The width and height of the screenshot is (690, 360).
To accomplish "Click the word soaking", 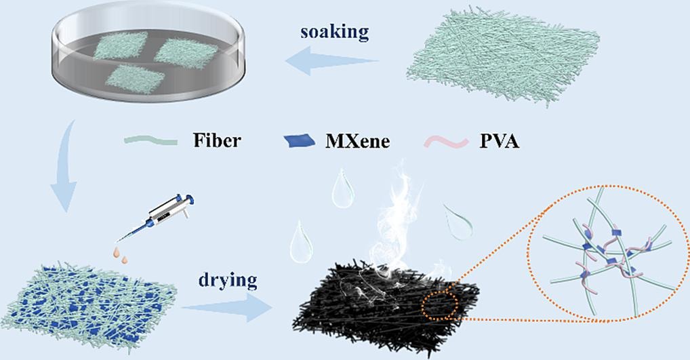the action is [x=334, y=33].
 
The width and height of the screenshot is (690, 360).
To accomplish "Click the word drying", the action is [x=228, y=281].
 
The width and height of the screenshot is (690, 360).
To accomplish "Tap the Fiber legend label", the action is [x=217, y=141].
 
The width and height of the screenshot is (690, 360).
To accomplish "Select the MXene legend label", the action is [x=357, y=141].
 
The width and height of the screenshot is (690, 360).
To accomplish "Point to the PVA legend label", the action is [x=499, y=141].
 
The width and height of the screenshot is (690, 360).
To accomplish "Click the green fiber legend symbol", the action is [x=151, y=140].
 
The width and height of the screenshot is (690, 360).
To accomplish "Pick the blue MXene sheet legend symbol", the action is [x=299, y=141].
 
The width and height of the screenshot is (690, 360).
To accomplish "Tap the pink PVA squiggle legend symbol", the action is [x=447, y=142].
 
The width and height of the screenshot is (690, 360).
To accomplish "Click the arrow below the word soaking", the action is [x=332, y=61].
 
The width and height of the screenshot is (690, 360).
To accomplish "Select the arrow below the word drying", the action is [x=228, y=307].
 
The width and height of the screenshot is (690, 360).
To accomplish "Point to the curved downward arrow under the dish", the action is [x=64, y=167].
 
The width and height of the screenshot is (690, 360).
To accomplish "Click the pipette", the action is [x=156, y=218].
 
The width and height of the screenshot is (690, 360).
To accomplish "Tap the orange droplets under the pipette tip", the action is [x=121, y=256].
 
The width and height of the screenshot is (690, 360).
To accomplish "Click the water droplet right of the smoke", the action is [x=459, y=222].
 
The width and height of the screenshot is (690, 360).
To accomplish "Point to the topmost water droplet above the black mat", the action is [x=342, y=188].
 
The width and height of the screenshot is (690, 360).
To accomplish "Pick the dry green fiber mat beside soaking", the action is [x=504, y=55].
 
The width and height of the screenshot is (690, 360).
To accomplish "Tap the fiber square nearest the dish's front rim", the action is [x=135, y=79].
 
